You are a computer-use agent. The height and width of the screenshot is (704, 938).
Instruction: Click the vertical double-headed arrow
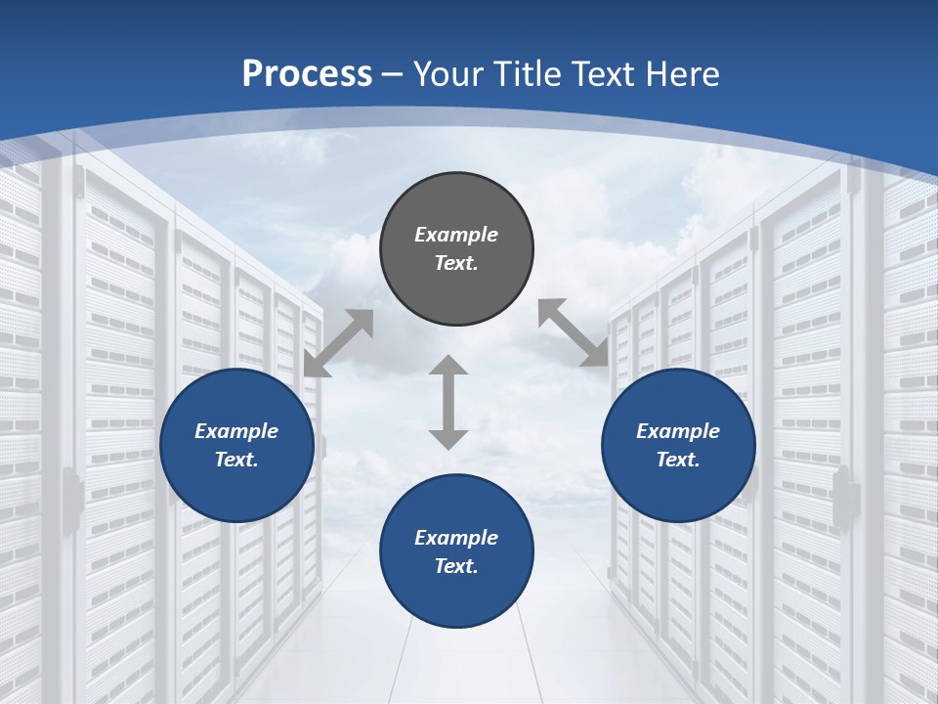pyautogui.click(x=448, y=402)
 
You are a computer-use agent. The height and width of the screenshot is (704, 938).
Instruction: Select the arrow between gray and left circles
pyautogui.click(x=338, y=343)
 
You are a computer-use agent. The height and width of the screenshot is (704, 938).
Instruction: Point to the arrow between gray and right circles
pyautogui.click(x=573, y=332)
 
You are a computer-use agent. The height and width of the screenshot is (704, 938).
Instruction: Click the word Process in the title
pyautogui.click(x=307, y=73)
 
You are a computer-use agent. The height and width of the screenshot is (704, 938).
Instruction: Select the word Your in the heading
pyautogui.click(x=448, y=73)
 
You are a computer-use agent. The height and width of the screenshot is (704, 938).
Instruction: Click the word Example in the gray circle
pyautogui.click(x=456, y=235)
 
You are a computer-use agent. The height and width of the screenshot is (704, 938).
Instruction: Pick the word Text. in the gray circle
pyautogui.click(x=456, y=263)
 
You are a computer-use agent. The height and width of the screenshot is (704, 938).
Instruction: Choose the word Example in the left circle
pyautogui.click(x=236, y=431)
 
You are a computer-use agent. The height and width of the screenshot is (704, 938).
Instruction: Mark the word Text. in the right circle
pyautogui.click(x=678, y=460)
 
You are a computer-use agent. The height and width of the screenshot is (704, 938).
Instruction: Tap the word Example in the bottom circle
pyautogui.click(x=456, y=538)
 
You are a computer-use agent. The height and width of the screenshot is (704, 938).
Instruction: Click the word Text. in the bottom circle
pyautogui.click(x=456, y=566)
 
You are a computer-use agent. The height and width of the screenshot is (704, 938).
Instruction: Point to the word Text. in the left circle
pyautogui.click(x=236, y=460)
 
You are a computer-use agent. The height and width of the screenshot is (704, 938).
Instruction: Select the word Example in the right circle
pyautogui.click(x=678, y=431)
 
